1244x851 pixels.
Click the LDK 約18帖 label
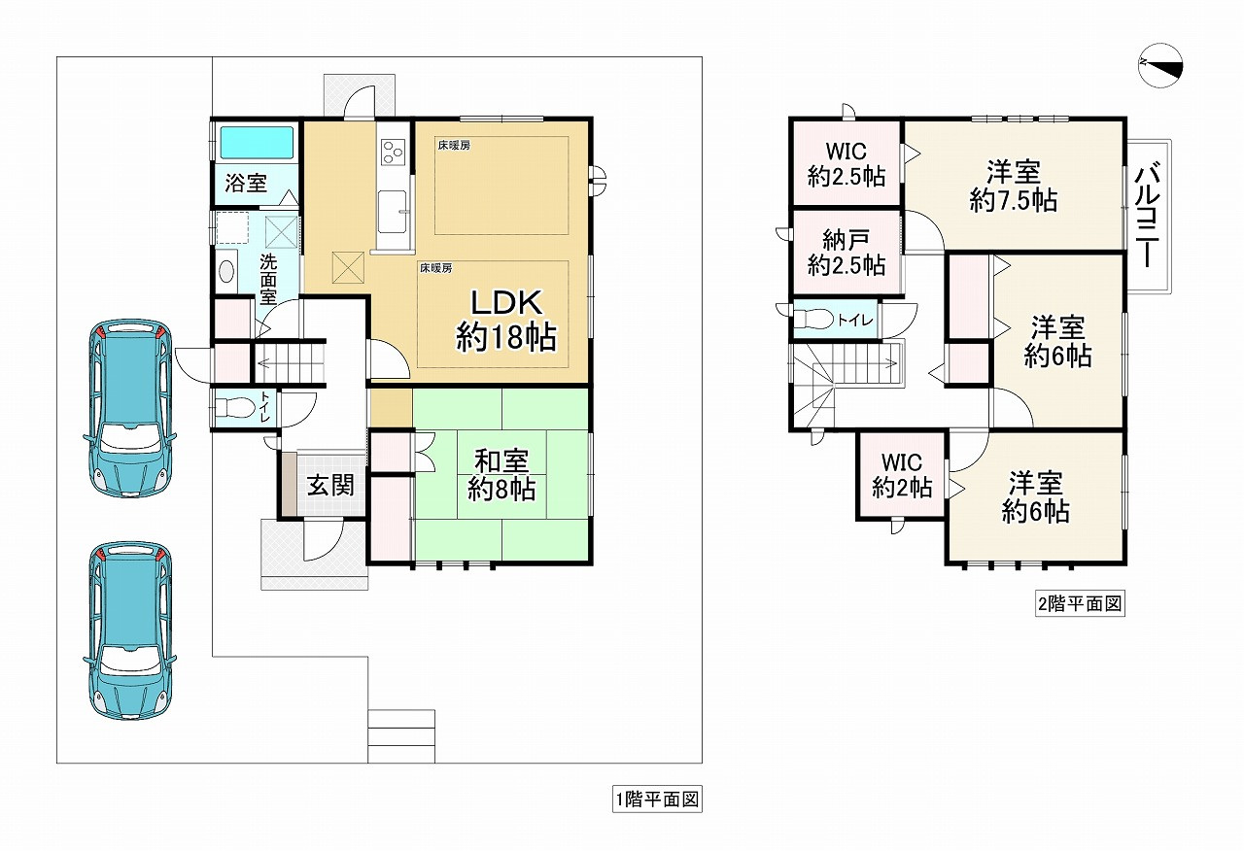click(505, 320)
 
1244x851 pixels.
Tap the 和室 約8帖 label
click(501, 474)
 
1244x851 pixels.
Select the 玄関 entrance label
click(329, 485)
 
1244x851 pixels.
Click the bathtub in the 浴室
click(257, 144)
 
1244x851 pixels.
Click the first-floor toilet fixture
click(234, 405)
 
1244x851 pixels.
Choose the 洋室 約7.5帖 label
click(1013, 187)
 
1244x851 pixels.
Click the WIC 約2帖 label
click(901, 475)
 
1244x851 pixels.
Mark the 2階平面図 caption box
click(1079, 604)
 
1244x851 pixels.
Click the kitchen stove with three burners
click(393, 151)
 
